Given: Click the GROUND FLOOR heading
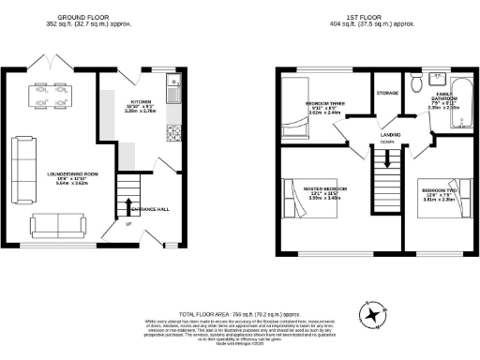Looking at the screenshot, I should click(x=85, y=18).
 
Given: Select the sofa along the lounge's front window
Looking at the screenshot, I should click(x=55, y=225).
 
